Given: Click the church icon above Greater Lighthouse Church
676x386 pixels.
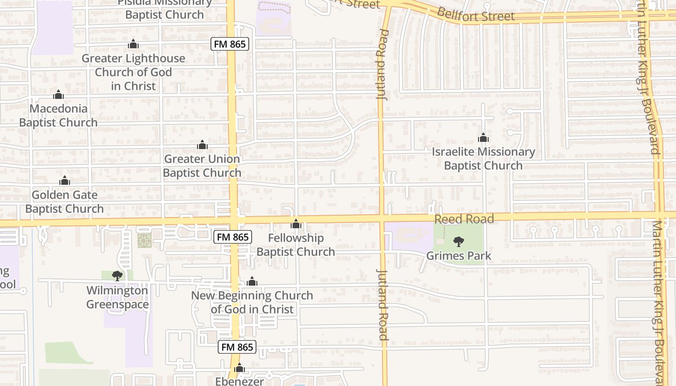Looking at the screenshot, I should [x=133, y=44].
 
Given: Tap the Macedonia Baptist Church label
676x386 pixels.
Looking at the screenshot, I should [x=58, y=116].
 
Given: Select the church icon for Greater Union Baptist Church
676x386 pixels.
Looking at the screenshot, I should [x=202, y=145].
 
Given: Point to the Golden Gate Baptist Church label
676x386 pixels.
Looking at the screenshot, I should [x=65, y=202].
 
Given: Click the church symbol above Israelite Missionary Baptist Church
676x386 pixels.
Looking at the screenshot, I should [x=483, y=138].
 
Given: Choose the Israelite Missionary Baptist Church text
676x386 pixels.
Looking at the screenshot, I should [x=483, y=159].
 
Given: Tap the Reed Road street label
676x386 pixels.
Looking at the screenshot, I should [x=464, y=220].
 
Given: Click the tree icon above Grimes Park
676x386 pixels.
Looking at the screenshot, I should [x=459, y=241].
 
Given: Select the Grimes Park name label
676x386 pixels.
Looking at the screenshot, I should [x=459, y=256].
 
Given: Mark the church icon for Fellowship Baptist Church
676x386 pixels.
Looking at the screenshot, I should [x=296, y=224].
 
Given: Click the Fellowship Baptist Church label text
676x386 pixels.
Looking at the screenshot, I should [x=296, y=245].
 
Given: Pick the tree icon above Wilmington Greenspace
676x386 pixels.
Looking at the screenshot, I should [x=117, y=276].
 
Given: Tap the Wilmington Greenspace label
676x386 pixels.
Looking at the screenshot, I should [x=117, y=298].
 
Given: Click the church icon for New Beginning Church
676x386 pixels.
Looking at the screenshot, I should [x=252, y=281].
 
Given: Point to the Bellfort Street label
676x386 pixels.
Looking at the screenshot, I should [x=476, y=15].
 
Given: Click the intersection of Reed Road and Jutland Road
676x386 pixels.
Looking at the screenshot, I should [x=381, y=219].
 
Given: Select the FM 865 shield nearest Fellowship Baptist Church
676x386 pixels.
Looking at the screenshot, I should [x=233, y=237].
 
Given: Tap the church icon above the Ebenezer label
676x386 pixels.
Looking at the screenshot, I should [x=239, y=369].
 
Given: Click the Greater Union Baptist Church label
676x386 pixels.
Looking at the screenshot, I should [x=202, y=166].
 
